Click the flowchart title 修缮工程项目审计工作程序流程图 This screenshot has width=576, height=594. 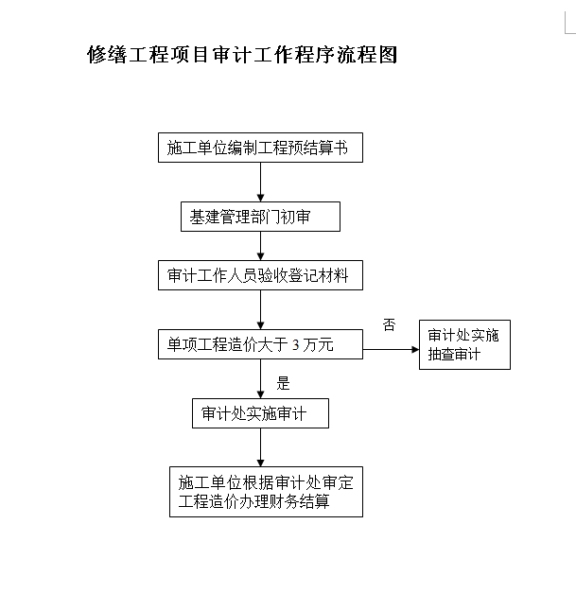[x=242, y=55]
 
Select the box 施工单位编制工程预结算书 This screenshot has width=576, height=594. [x=260, y=148]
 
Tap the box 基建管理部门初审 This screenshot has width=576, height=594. [x=260, y=217]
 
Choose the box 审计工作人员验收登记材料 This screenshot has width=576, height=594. [x=260, y=275]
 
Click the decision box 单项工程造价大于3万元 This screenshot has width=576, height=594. [x=260, y=344]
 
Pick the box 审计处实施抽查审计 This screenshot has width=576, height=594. [x=464, y=344]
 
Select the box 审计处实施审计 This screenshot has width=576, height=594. [x=260, y=413]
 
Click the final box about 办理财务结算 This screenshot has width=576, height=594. [x=266, y=492]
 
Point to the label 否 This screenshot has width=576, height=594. [x=389, y=325]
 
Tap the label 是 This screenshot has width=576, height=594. [x=283, y=383]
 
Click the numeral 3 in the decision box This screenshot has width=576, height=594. [x=295, y=344]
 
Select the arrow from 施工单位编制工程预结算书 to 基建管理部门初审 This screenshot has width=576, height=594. [x=260, y=183]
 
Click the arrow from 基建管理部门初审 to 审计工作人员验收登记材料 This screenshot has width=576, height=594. [x=260, y=246]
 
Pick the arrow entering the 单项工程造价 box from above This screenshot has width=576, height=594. [x=260, y=310]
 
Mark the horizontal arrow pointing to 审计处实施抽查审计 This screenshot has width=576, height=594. [x=392, y=349]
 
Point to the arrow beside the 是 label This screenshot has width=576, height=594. [x=260, y=379]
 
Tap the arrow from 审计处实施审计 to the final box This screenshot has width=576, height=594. [x=260, y=447]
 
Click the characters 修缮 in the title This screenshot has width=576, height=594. [x=107, y=55]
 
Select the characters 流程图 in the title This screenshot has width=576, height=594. [x=367, y=55]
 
